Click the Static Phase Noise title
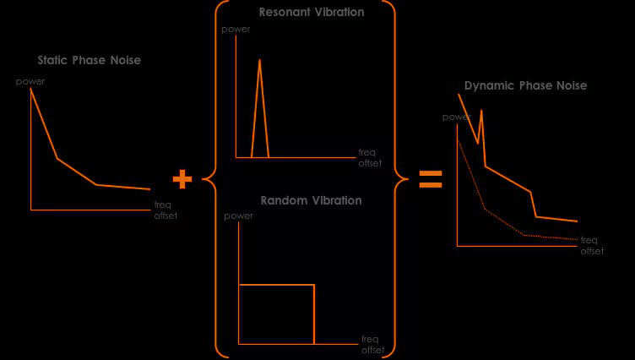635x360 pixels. pos(89,61)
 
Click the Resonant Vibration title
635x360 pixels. pos(312,13)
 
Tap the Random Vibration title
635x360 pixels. pos(311,200)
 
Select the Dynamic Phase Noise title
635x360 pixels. pos(525,85)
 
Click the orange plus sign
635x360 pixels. pos(182,179)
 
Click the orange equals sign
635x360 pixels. pos(431,179)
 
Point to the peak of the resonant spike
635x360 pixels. pos(259,60)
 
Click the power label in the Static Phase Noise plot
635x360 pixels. pos(30,81)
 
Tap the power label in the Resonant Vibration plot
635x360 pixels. pos(236,30)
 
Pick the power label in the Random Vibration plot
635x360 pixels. pos(239,215)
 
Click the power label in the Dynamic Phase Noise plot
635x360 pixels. pos(457,117)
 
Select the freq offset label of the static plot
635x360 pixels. pos(166,210)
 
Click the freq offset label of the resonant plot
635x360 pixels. pos(370,157)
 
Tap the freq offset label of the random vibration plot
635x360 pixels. pos(372,345)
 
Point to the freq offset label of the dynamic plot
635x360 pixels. pos(592,245)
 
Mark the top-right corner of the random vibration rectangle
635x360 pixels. pos(314,286)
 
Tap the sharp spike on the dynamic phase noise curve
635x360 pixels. pos(481,111)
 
